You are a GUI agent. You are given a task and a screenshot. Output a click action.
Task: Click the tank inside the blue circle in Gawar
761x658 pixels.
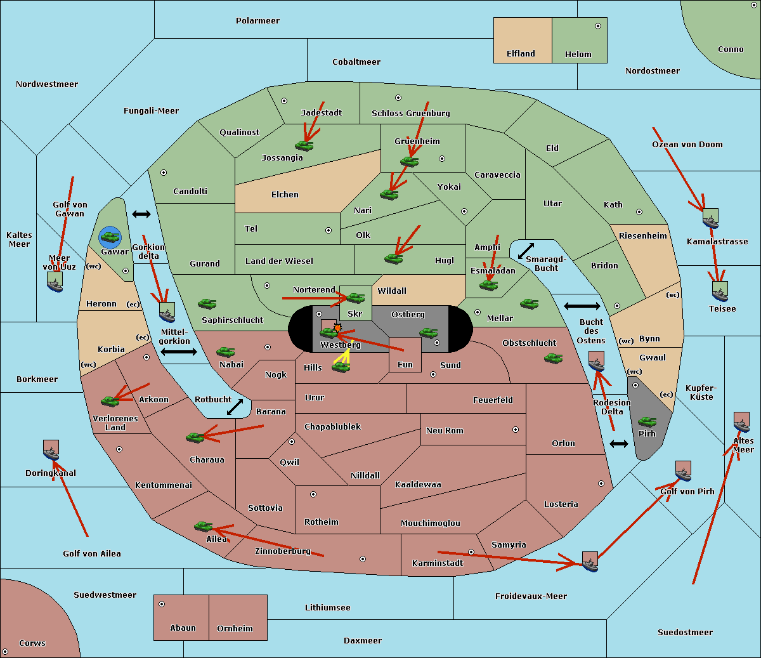click(110, 237)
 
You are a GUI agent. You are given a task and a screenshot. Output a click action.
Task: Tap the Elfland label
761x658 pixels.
click(521, 54)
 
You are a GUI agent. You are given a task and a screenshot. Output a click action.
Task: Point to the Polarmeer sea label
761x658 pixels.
click(257, 21)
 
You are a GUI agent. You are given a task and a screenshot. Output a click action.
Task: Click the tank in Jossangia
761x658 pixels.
click(304, 145)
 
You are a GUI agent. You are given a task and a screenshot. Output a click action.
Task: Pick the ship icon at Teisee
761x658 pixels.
click(719, 292)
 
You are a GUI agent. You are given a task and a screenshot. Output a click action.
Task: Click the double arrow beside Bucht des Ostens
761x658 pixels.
click(582, 306)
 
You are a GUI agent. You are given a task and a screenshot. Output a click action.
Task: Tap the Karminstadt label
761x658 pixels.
click(438, 563)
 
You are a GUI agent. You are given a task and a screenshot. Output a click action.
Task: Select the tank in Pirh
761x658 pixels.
click(647, 422)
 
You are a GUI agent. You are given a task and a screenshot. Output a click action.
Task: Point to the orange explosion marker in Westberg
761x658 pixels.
click(337, 327)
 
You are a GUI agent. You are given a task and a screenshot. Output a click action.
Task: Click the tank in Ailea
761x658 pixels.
click(203, 526)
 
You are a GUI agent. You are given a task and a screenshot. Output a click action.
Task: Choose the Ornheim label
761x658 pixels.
click(235, 629)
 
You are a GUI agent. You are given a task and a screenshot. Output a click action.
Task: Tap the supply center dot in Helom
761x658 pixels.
click(597, 26)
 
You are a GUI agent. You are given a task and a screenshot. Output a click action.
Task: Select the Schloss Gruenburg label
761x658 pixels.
click(410, 114)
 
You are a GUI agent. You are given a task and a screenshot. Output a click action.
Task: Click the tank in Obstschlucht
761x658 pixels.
click(553, 359)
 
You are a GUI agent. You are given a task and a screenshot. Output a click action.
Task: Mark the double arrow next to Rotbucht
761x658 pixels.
click(235, 407)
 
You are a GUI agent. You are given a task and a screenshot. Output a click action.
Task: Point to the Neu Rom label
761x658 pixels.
click(445, 431)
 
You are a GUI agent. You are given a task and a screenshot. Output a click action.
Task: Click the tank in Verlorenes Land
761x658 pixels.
click(110, 401)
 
